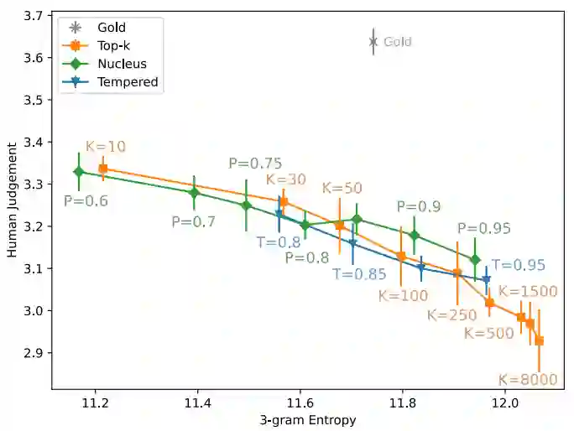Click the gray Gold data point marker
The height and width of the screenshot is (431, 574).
click(x=373, y=41)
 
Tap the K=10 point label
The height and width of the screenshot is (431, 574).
click(x=106, y=147)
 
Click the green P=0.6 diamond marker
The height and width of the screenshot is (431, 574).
click(x=79, y=172)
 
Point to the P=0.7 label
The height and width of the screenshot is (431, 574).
click(x=194, y=222)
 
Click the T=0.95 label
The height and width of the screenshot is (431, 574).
click(x=519, y=265)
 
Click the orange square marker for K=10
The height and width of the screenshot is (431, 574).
click(x=103, y=169)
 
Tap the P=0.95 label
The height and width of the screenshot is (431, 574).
click(x=484, y=228)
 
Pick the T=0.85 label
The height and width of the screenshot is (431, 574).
click(x=359, y=273)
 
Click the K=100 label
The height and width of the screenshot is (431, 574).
click(x=403, y=295)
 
